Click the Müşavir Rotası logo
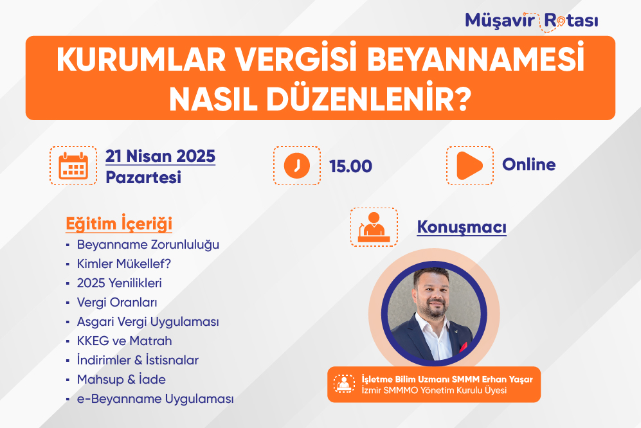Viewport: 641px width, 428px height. click(532, 21)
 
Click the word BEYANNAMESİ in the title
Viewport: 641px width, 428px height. click(476, 60)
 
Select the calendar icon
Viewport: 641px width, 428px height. click(73, 166)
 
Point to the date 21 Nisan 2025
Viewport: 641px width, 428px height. click(160, 156)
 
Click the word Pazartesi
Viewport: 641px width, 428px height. click(143, 177)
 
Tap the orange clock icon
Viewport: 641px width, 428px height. click(297, 166)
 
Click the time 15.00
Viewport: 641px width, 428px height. click(351, 166)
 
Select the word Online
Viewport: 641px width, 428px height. click(529, 165)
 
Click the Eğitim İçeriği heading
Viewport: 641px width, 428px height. click(119, 224)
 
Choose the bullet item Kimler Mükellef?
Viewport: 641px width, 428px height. click(124, 263)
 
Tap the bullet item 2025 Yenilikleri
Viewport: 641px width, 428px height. click(120, 283)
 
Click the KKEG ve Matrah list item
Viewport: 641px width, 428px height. click(124, 341)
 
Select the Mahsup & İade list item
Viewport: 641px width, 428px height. click(122, 379)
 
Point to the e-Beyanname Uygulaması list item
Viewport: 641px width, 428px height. click(156, 399)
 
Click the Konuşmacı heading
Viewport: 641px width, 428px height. click(462, 227)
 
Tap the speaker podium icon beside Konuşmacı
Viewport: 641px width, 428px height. click(374, 227)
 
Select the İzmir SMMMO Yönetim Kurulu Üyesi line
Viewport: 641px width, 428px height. click(434, 390)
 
